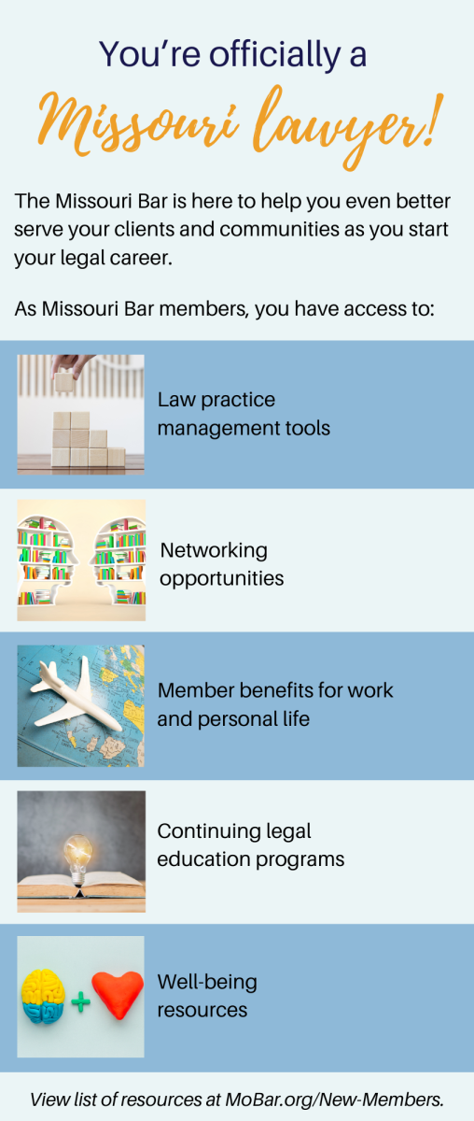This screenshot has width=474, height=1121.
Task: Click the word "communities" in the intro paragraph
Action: (x=280, y=229)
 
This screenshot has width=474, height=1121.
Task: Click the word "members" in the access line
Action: (x=203, y=309)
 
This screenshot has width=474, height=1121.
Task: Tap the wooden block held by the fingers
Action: (x=64, y=382)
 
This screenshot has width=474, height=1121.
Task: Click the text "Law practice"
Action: (x=216, y=400)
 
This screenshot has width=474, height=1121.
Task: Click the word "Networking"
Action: (x=214, y=550)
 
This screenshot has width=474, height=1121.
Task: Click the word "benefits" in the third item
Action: (x=276, y=690)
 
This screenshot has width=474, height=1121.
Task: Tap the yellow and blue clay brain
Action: (x=43, y=997)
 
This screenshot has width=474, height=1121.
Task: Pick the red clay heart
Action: (x=118, y=994)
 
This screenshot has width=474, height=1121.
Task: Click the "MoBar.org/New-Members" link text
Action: (x=334, y=1100)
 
